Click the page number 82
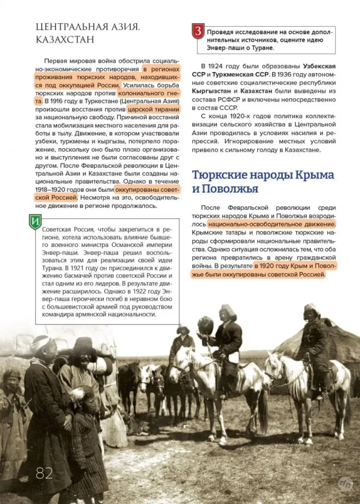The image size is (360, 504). click(44, 473)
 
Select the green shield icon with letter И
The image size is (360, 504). click(35, 222)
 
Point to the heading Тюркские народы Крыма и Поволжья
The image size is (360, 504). click(263, 181)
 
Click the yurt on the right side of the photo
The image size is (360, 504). click(334, 342)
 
